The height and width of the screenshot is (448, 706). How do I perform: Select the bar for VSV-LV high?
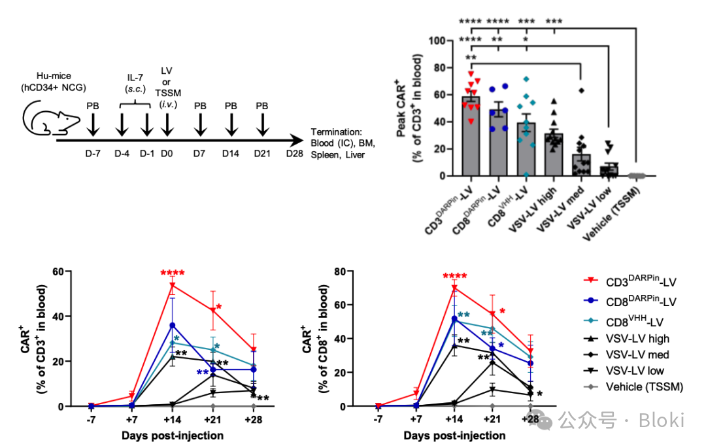(553, 155)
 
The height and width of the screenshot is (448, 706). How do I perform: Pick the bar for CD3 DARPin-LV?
(471, 137)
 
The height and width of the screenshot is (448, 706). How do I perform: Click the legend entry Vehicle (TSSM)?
(645, 387)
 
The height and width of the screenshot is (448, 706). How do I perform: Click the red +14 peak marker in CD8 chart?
(454, 288)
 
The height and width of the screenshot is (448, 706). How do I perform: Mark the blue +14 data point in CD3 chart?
(173, 325)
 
